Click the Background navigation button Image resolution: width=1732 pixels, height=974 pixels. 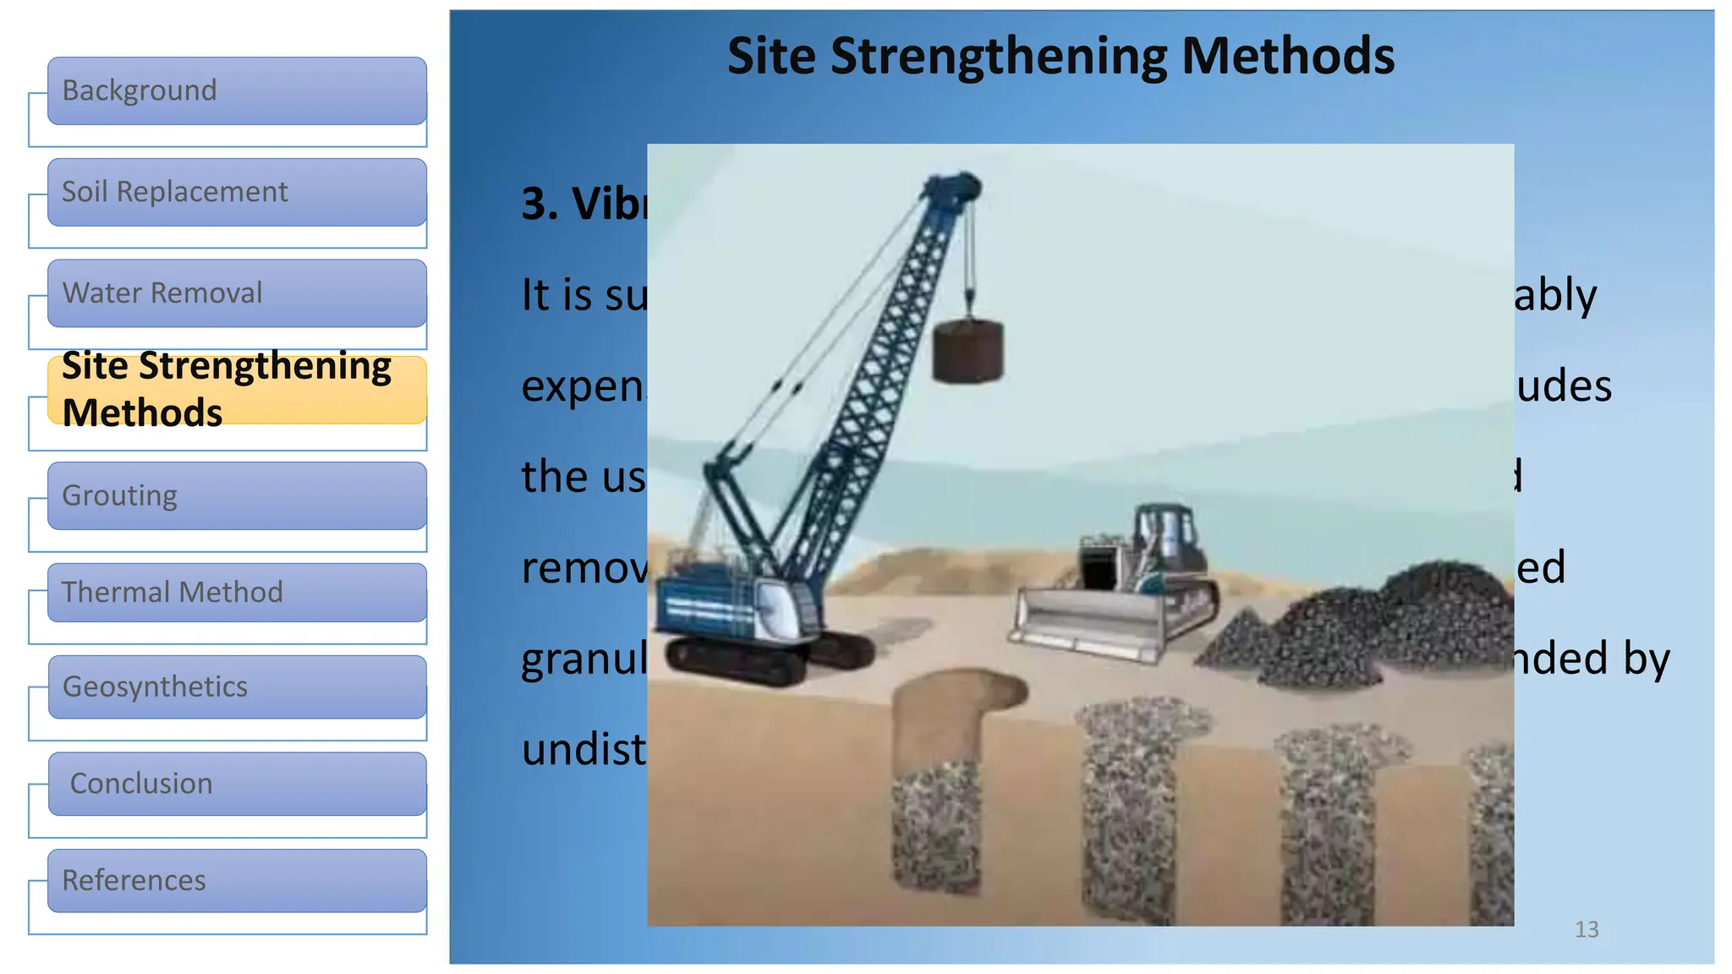click(x=237, y=91)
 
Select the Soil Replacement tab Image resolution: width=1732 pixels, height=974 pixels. click(x=237, y=193)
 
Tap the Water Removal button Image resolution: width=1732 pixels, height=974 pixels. click(x=237, y=293)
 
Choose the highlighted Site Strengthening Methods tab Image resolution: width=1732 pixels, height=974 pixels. click(x=237, y=390)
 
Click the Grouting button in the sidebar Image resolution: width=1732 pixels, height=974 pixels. click(x=237, y=495)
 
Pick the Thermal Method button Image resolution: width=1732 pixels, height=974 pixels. click(x=237, y=593)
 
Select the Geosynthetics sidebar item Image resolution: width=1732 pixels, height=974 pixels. click(x=237, y=687)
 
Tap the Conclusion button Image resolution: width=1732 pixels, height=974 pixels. click(x=237, y=784)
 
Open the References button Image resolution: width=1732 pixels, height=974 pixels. click(x=237, y=880)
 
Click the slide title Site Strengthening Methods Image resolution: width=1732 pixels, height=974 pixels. click(x=1061, y=57)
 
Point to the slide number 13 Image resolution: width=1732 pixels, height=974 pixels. click(x=1587, y=929)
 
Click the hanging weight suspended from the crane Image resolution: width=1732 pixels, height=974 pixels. click(x=967, y=350)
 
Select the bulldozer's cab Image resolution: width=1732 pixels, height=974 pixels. click(x=1165, y=533)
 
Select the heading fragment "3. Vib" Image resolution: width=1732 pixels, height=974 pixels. click(x=584, y=204)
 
